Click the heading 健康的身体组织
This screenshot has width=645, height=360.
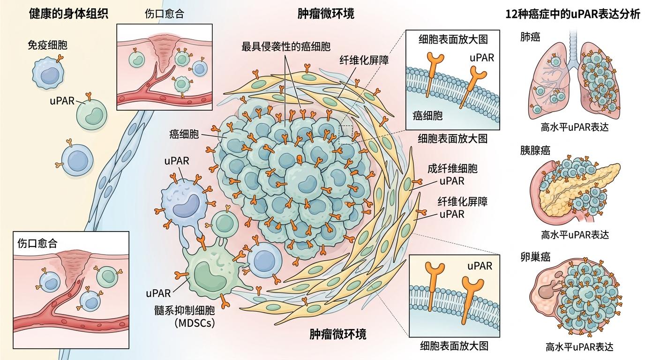click(69, 14)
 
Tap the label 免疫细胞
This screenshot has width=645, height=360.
click(47, 45)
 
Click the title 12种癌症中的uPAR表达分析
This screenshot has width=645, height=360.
click(573, 14)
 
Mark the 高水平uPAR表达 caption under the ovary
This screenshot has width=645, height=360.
click(579, 347)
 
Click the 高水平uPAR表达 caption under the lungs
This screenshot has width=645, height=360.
click(574, 127)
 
